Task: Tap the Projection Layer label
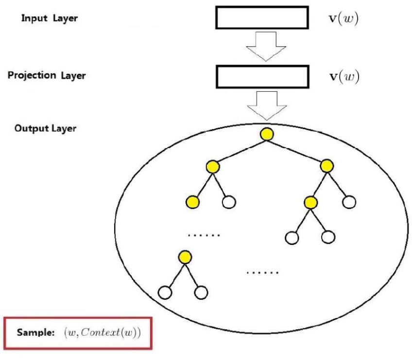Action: pyautogui.click(x=47, y=76)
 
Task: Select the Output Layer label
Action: pyautogui.click(x=45, y=129)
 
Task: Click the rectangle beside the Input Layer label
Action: pyautogui.click(x=261, y=18)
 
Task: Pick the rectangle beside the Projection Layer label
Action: pyautogui.click(x=261, y=77)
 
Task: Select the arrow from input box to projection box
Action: pyautogui.click(x=266, y=47)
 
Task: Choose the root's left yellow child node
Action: pyautogui.click(x=211, y=167)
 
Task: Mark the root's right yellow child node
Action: pyautogui.click(x=326, y=167)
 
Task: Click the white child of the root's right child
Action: pyautogui.click(x=348, y=201)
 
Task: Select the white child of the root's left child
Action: pyautogui.click(x=228, y=202)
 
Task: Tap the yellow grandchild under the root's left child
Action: pyautogui.click(x=193, y=202)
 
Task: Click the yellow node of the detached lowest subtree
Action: pyautogui.click(x=184, y=257)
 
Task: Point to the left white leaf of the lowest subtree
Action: pyautogui.click(x=166, y=292)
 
